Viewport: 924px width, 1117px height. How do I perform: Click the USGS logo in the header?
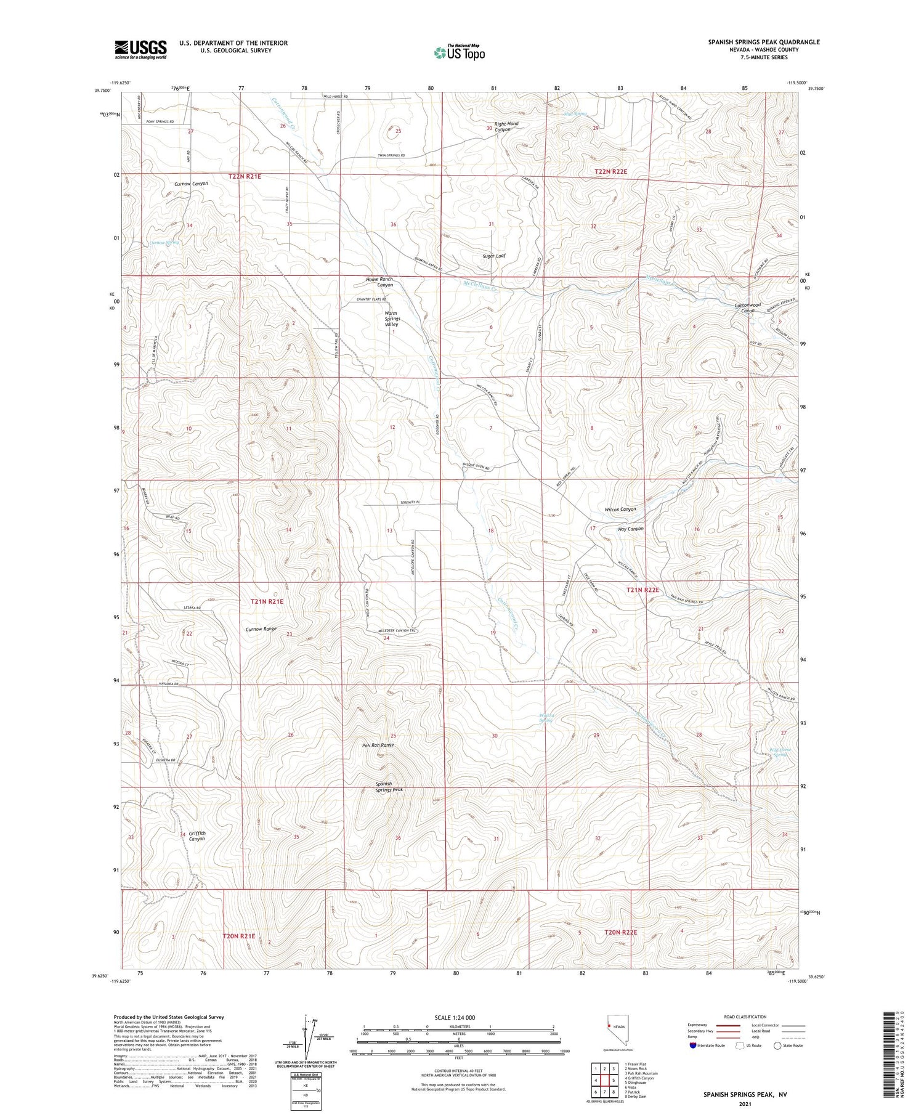pos(140,49)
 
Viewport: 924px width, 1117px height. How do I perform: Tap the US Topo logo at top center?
pos(460,52)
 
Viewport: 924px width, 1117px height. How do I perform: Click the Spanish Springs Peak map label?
pos(389,786)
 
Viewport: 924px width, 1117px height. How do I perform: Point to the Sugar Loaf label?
pos(495,255)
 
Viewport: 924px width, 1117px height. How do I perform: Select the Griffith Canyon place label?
pos(197,836)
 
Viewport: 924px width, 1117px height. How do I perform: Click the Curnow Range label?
pos(261,629)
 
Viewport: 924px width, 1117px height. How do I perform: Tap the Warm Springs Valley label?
pos(391,319)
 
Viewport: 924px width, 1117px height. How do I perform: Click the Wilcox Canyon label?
pos(620,510)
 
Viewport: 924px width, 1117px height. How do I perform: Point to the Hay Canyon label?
pos(630,529)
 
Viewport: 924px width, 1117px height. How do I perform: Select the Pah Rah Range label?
pos(378,745)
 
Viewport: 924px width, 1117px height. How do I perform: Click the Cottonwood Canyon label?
pos(748,307)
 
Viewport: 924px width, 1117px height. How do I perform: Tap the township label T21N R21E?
pos(267,601)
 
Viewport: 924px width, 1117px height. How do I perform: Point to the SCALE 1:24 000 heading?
pos(459,1017)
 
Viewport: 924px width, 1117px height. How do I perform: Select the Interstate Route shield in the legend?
pos(694,1046)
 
